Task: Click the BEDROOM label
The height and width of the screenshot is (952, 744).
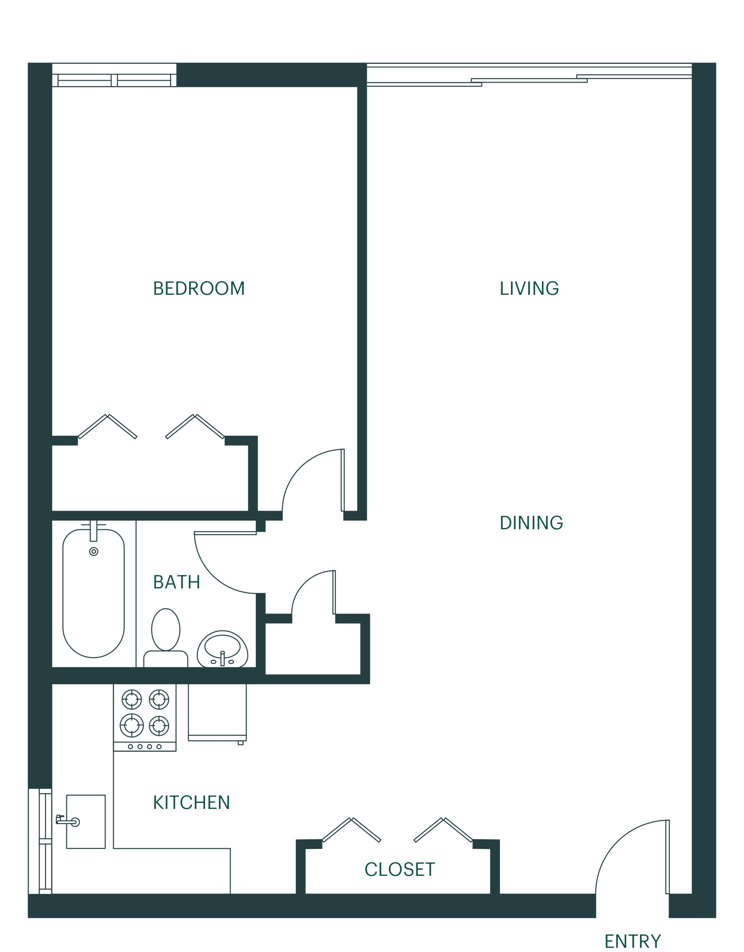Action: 199,289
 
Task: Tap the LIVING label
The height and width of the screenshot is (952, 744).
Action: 529,289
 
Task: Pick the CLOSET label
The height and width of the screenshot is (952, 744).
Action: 400,869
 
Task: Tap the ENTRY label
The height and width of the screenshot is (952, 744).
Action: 633,941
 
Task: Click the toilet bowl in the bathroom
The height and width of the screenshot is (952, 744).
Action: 166,630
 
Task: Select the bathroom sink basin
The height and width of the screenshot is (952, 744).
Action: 222,646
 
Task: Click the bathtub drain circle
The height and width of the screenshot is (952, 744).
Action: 94,551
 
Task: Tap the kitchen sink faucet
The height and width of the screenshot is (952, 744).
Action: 68,822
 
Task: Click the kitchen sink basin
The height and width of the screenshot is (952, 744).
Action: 86,822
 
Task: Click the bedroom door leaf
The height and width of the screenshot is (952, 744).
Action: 343,480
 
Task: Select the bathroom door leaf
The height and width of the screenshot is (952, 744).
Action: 225,533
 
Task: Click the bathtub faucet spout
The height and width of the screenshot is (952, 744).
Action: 93,531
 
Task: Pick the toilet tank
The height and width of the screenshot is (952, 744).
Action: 166,659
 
